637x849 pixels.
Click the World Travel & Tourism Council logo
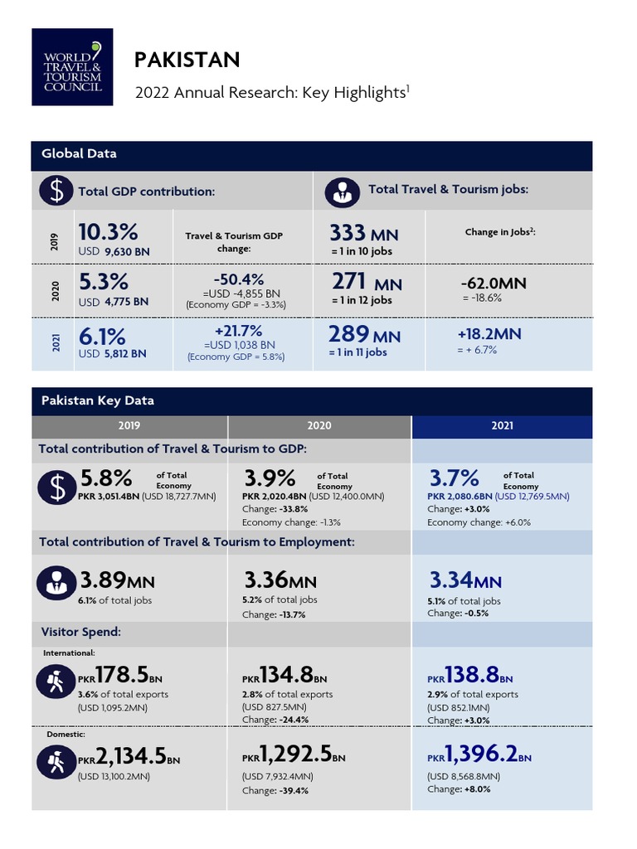tap(72, 67)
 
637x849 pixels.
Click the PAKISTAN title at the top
tap(187, 60)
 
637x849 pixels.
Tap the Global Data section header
tap(79, 154)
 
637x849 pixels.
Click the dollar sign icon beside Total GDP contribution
tap(56, 191)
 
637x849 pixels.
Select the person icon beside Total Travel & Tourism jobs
tap(342, 191)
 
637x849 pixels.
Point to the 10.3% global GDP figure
tap(108, 231)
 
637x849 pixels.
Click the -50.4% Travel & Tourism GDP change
tap(239, 279)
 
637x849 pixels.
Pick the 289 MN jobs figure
tap(365, 335)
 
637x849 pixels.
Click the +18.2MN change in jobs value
tap(489, 334)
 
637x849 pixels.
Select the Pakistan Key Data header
tap(98, 400)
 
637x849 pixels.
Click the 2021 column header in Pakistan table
tap(502, 426)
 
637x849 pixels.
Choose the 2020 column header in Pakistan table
tap(318, 426)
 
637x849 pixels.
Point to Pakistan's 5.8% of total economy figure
tap(106, 478)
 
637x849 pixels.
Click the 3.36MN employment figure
tap(280, 580)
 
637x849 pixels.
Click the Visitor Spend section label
tap(81, 632)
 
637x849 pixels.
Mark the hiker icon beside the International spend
tap(56, 682)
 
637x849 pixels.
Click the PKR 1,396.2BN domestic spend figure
tap(479, 754)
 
